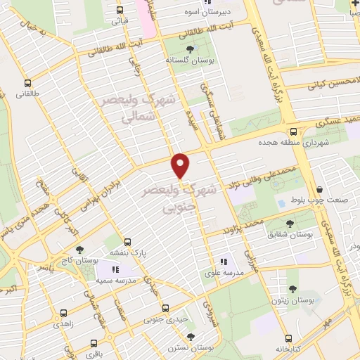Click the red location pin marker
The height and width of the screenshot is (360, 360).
pos(181,166)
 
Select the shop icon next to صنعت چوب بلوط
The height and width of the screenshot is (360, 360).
pos(319,189)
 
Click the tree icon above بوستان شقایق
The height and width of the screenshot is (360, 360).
pos(290,224)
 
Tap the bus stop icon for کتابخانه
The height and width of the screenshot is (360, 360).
pos(290,335)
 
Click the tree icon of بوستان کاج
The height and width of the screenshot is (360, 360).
pos(79,249)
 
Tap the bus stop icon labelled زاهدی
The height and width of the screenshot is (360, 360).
pos(64,313)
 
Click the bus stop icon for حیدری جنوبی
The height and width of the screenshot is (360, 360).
pos(165,307)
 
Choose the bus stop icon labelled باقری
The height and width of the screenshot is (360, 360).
pos(93,344)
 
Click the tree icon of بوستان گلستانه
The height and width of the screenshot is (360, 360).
pos(190,49)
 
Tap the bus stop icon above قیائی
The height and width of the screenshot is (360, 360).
pos(120,10)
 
